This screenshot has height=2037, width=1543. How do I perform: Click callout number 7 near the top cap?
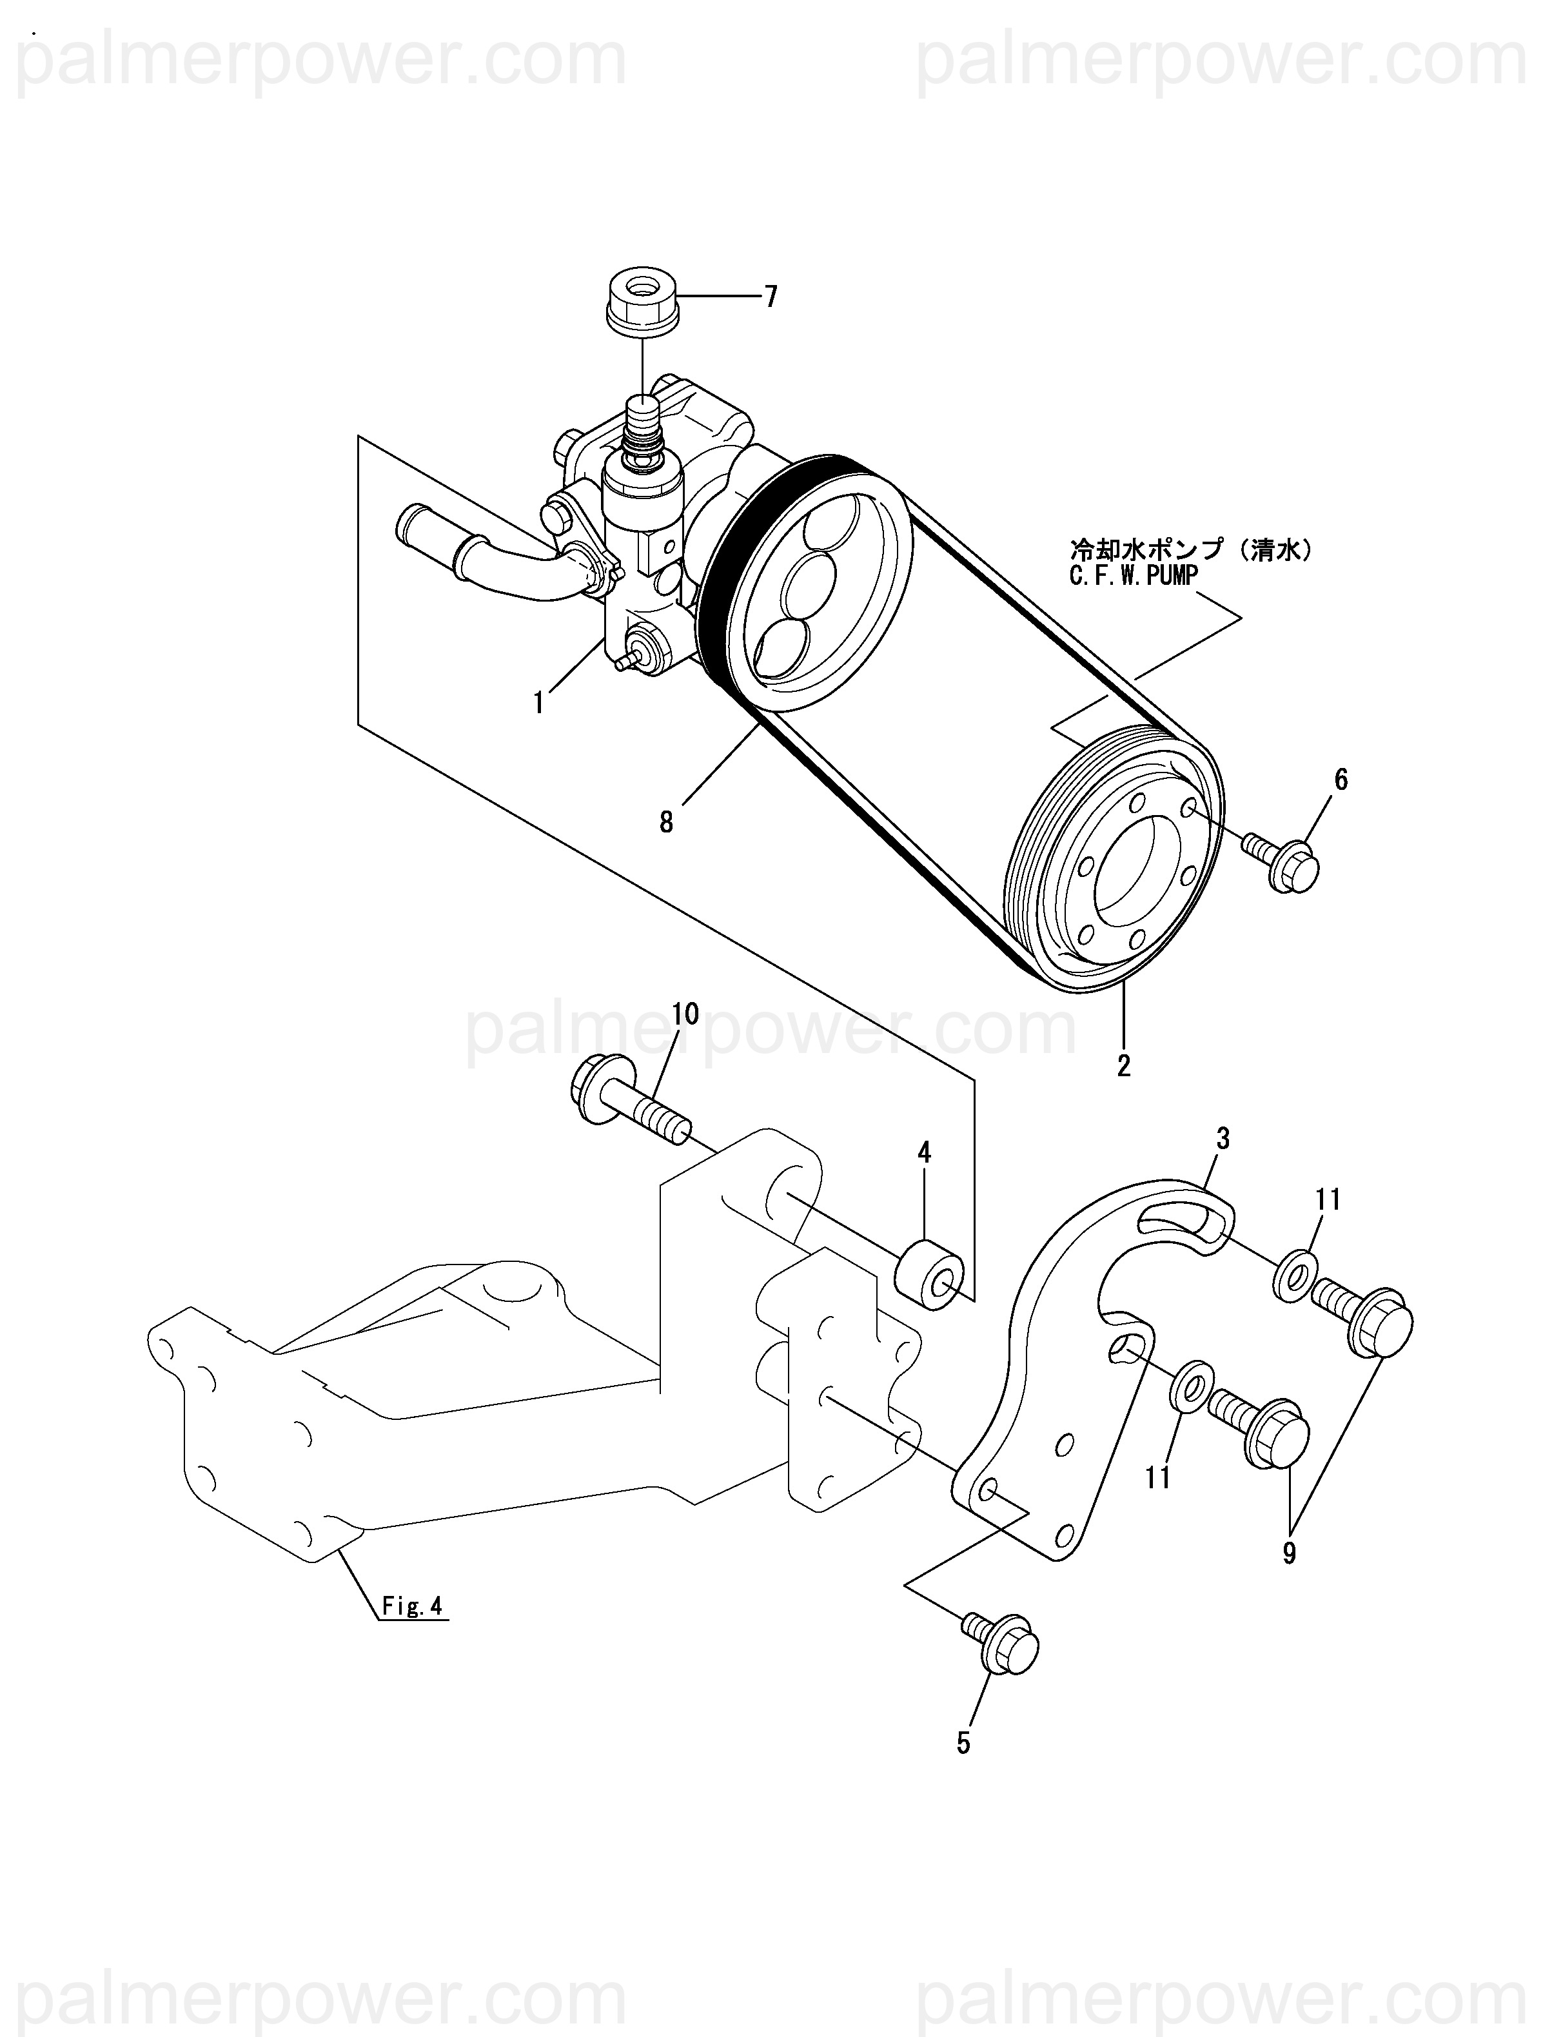[770, 297]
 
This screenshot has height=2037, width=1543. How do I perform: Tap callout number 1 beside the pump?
[538, 703]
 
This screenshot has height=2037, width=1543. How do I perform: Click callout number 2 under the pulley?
[1123, 1065]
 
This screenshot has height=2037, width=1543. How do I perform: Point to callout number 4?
[923, 1152]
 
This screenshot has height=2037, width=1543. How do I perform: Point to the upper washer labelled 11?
[1296, 1277]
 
